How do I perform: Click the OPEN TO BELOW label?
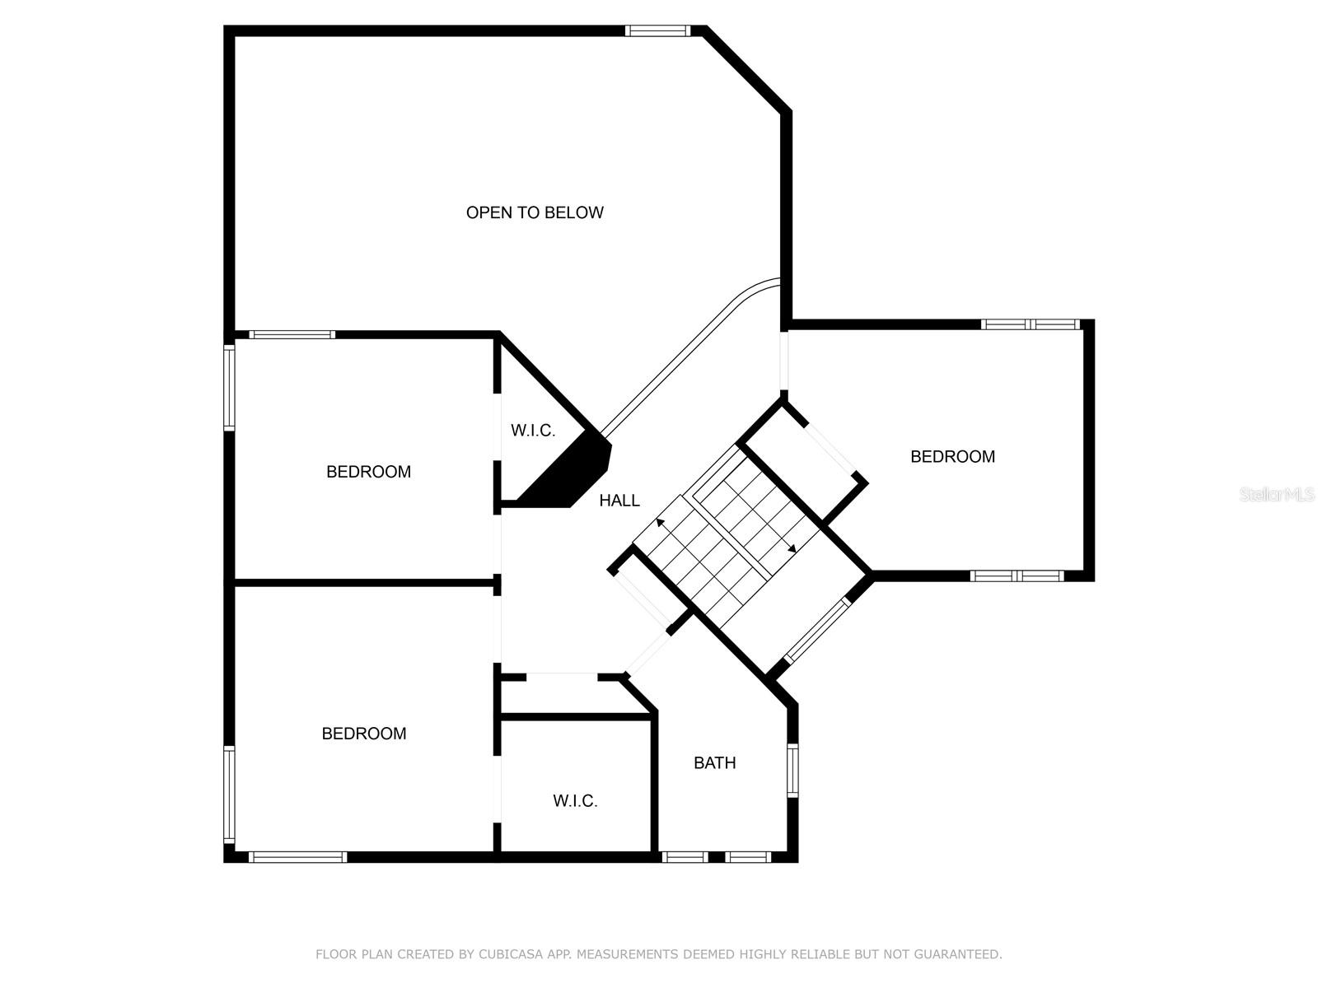[535, 212]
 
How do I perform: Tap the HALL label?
[619, 501]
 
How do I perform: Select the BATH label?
[714, 762]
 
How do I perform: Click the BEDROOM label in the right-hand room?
[952, 456]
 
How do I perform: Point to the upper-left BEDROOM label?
[369, 472]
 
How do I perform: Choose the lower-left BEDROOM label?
[364, 733]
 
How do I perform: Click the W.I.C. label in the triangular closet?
[533, 430]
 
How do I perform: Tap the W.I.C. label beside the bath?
[575, 801]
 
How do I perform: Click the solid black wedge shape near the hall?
[568, 474]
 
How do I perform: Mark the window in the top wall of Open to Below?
[657, 30]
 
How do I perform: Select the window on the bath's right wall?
[792, 771]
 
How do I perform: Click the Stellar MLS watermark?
[1277, 494]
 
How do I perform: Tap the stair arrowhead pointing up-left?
[661, 523]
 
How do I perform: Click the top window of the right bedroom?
[1031, 324]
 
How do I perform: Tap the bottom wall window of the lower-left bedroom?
[298, 857]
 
